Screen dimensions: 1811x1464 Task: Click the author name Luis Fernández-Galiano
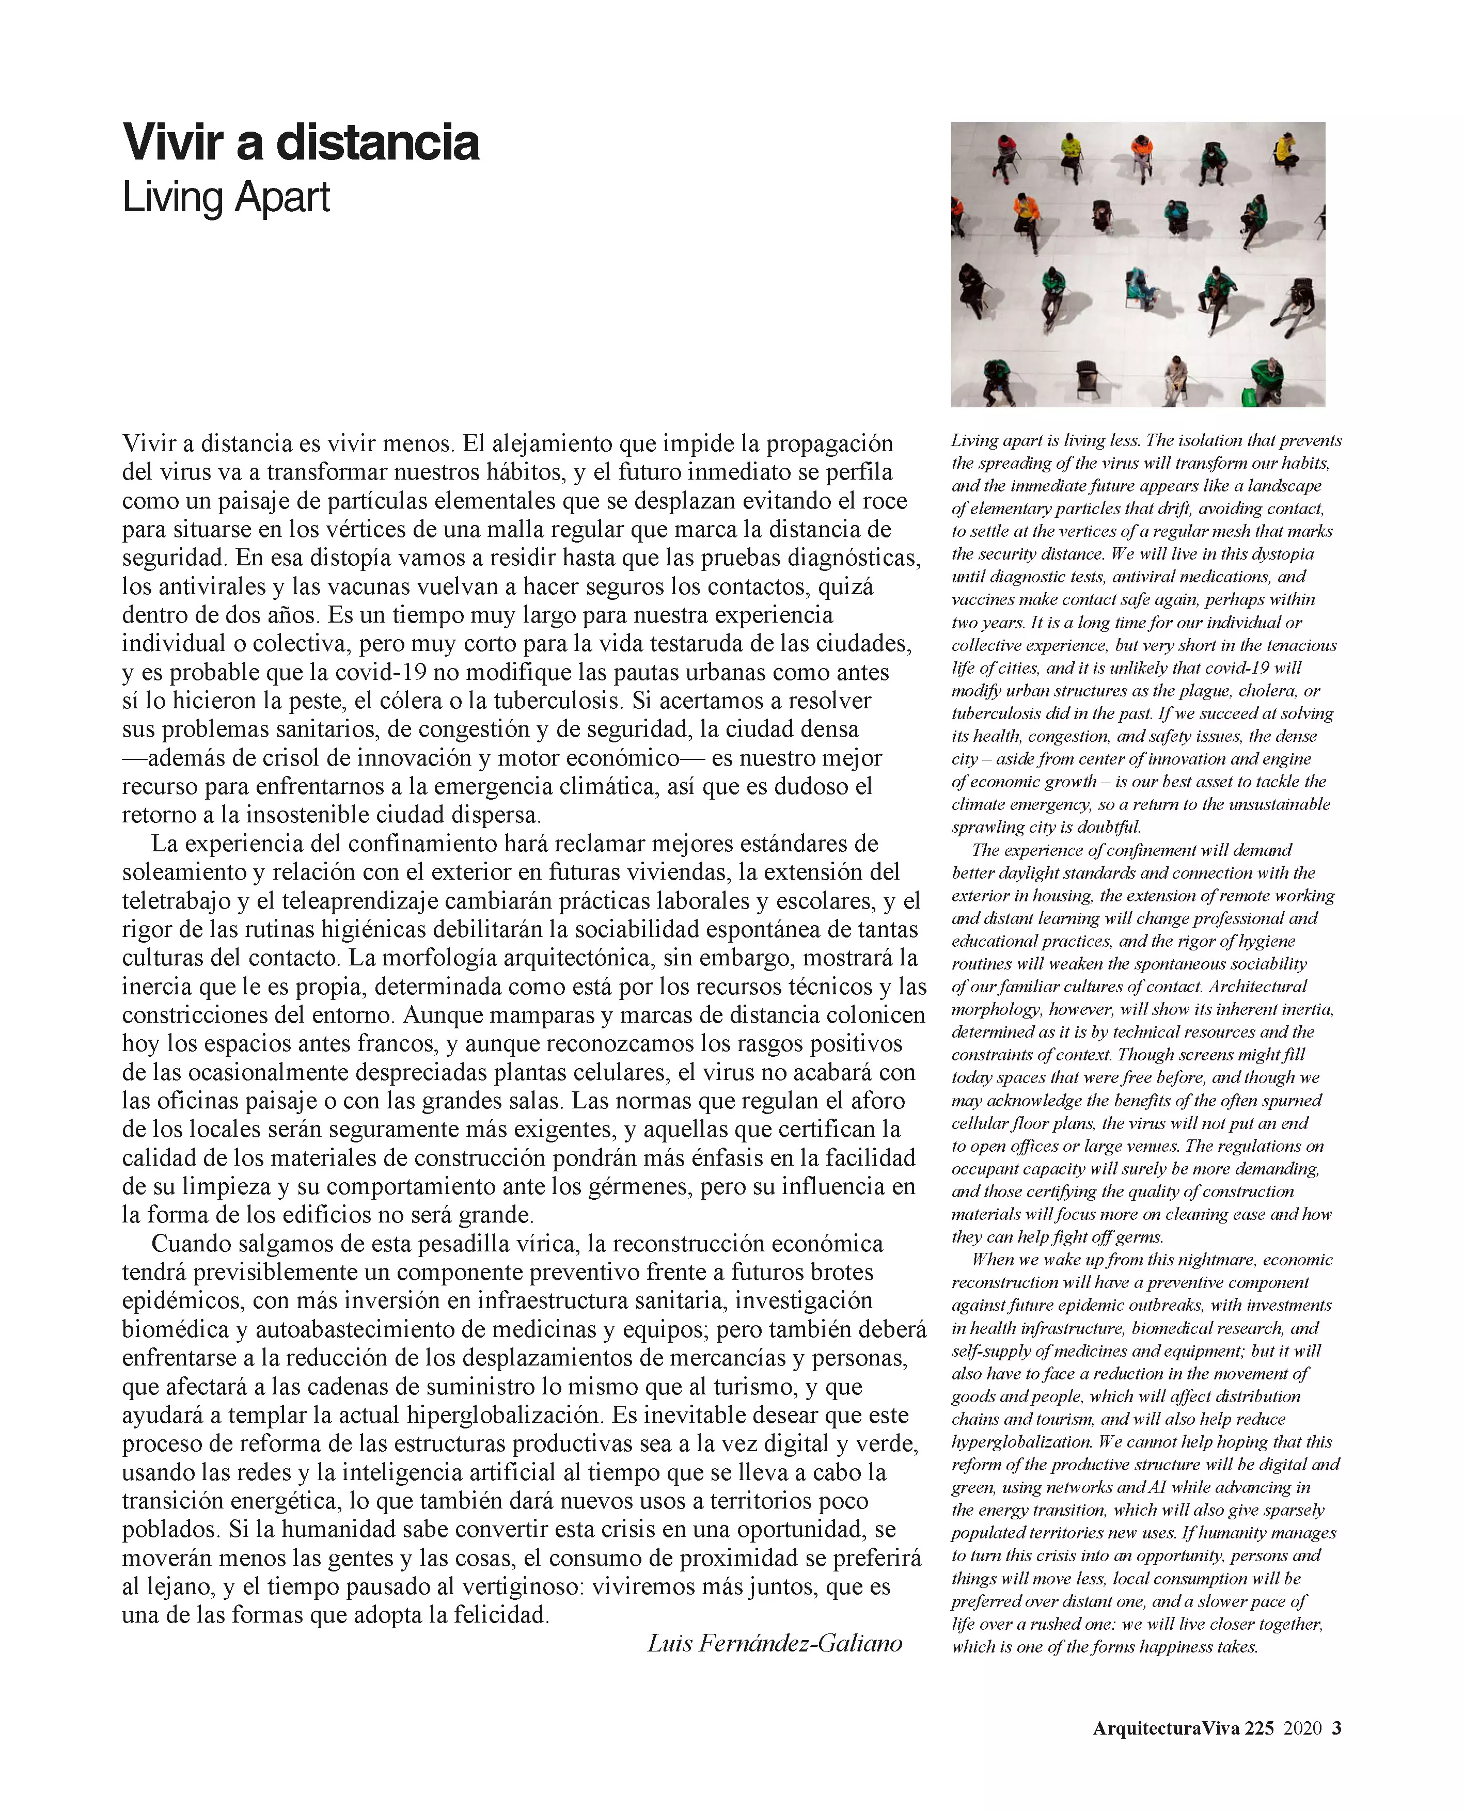click(x=774, y=1642)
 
